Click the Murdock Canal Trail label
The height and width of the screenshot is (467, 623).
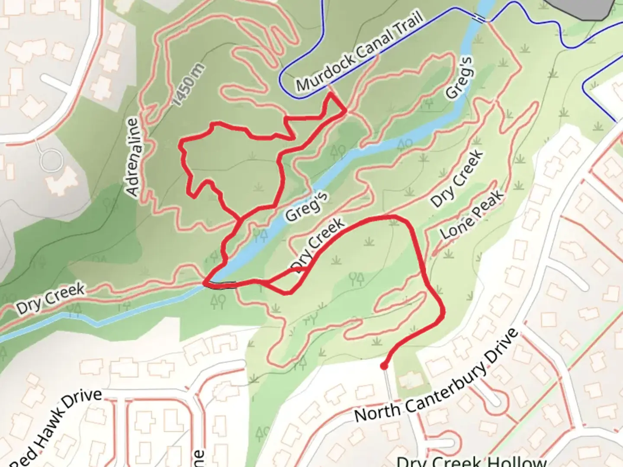click(359, 54)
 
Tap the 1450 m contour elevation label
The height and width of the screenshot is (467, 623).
click(188, 85)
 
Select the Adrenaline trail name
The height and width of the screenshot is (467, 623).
click(134, 157)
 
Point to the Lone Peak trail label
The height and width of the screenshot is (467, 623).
click(472, 214)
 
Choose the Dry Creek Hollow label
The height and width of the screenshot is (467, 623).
click(472, 461)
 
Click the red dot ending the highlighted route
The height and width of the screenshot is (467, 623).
click(383, 366)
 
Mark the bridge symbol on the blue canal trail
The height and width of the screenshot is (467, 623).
click(479, 18)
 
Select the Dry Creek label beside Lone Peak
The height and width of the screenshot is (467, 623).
click(456, 178)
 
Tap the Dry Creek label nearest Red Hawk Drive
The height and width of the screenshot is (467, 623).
click(50, 299)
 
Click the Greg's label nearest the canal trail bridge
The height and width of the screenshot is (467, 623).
click(459, 79)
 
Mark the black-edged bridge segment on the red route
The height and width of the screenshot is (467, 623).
click(221, 284)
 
